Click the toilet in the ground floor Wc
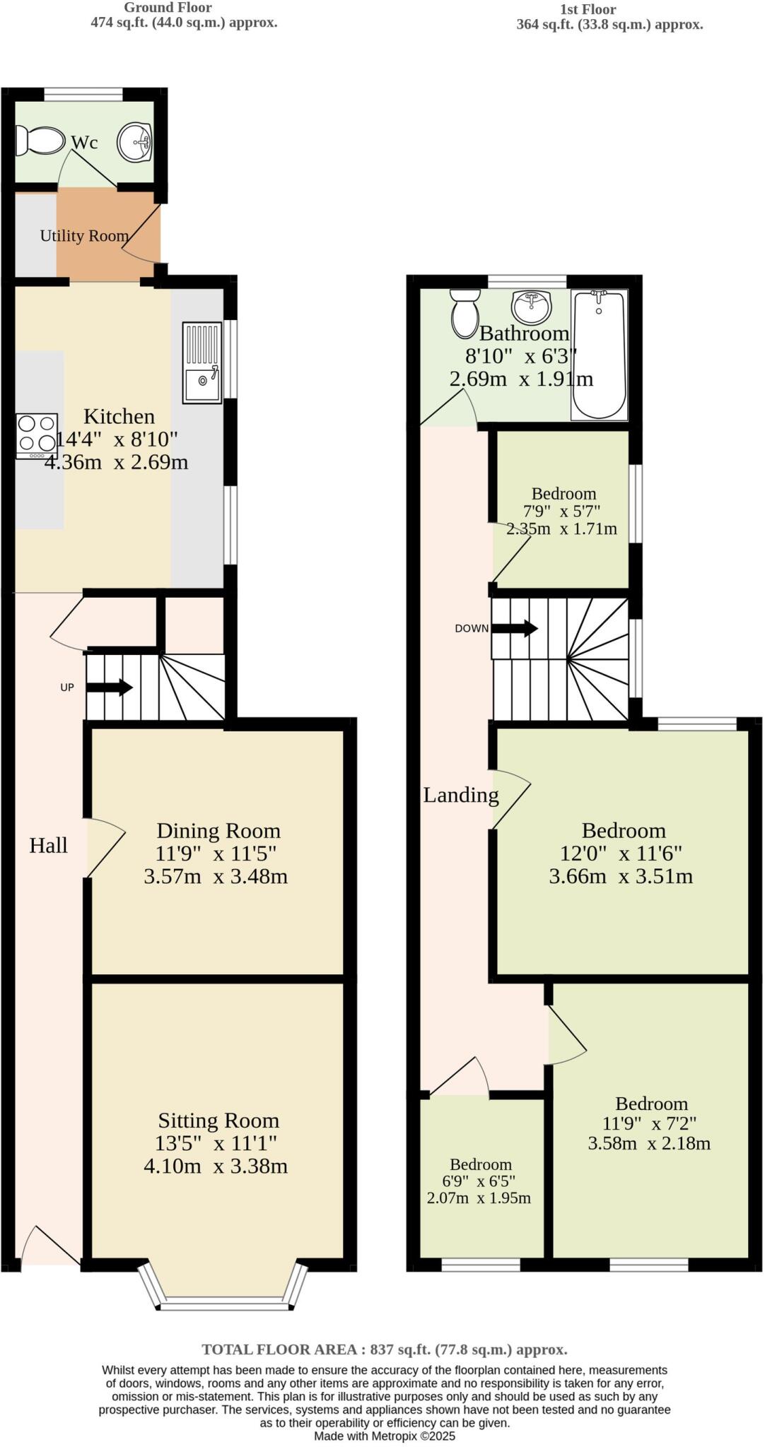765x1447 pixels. [x=40, y=141]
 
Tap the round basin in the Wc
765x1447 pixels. [x=134, y=142]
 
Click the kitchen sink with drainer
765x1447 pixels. [x=202, y=362]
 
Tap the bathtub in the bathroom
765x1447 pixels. [x=599, y=355]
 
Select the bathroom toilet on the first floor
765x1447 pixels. [x=465, y=312]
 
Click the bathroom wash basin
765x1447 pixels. [x=531, y=306]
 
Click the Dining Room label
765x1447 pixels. [x=218, y=830]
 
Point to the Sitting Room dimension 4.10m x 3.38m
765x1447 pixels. [x=216, y=1166]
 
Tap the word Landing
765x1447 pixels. [x=461, y=795]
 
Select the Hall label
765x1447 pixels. [x=48, y=845]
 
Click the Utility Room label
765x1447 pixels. [x=84, y=235]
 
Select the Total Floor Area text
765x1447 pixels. [x=384, y=1349]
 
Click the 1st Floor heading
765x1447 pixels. [x=588, y=9]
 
